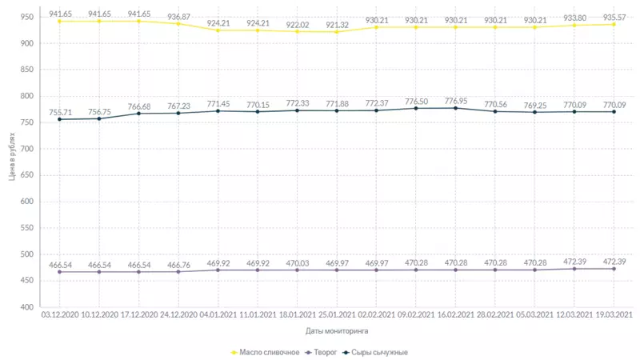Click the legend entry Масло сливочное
point(269,352)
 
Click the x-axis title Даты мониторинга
point(337,330)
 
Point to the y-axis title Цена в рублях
point(13,158)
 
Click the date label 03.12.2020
point(59,315)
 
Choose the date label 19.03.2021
point(614,315)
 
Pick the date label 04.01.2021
point(218,315)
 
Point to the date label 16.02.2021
point(455,315)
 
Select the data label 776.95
point(455,101)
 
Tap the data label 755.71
point(59,112)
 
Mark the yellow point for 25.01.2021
point(337,32)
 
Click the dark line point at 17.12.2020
point(138,113)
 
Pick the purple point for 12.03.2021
point(574,269)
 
